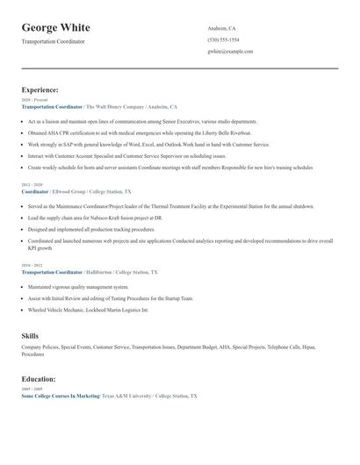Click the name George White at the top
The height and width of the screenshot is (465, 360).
pyautogui.click(x=56, y=28)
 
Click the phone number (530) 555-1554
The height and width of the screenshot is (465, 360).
pyautogui.click(x=223, y=39)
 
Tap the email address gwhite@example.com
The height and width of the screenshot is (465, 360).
pyautogui.click(x=230, y=52)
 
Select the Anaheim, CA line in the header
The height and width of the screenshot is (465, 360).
pyautogui.click(x=221, y=28)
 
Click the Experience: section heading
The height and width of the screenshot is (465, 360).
pyautogui.click(x=40, y=89)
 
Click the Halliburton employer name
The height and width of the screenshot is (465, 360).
pyautogui.click(x=105, y=272)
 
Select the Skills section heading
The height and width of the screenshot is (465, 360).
pyautogui.click(x=30, y=336)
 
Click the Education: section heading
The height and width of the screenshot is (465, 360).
pyautogui.click(x=39, y=379)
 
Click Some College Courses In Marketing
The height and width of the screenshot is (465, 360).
pyautogui.click(x=60, y=397)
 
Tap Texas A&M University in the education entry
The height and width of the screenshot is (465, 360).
pyautogui.click(x=128, y=397)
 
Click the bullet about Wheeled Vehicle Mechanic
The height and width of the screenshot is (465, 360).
pyautogui.click(x=88, y=310)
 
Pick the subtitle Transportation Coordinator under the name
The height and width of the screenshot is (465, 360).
pyautogui.click(x=54, y=42)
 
